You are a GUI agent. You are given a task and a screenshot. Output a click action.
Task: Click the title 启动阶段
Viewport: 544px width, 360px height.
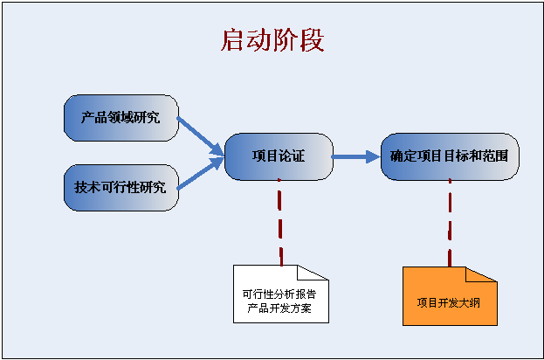[272, 41]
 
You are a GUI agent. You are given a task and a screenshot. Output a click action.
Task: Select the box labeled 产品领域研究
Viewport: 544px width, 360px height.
[121, 118]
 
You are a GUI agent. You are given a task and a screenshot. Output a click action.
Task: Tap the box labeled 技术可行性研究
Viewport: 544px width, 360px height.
[121, 187]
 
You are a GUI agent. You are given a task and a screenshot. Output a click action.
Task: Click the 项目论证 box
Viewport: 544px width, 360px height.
[279, 157]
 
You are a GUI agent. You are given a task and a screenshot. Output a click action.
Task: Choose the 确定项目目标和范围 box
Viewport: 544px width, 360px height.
[449, 157]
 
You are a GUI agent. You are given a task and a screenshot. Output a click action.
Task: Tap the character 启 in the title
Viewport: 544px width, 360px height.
[233, 41]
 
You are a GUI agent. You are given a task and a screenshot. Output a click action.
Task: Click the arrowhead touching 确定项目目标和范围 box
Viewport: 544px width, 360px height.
[373, 157]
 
